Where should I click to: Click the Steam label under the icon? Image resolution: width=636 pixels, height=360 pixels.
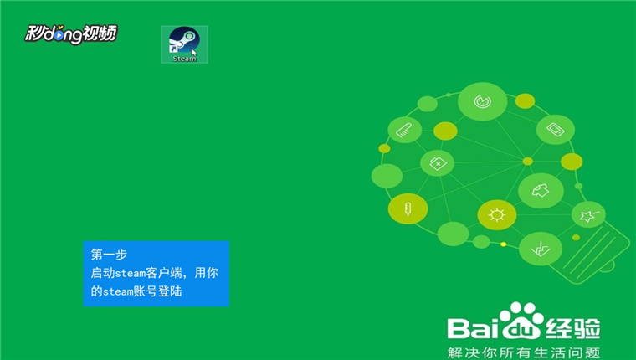(x=185, y=59)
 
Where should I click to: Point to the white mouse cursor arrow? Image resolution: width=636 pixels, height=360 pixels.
(x=194, y=53)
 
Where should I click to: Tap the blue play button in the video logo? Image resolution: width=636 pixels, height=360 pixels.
(x=59, y=36)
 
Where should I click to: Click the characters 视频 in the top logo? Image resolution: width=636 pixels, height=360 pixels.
(x=100, y=33)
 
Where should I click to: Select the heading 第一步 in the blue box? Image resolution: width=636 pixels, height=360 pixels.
(x=109, y=255)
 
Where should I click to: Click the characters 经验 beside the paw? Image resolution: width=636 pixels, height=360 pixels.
(x=572, y=328)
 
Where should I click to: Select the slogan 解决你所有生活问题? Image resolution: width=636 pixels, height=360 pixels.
(x=524, y=352)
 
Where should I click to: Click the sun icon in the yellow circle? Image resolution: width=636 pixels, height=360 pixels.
(x=497, y=214)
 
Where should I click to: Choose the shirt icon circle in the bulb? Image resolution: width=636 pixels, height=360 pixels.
(x=541, y=190)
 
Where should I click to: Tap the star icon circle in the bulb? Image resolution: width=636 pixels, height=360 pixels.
(x=588, y=214)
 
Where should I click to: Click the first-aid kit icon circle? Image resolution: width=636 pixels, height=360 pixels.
(x=437, y=163)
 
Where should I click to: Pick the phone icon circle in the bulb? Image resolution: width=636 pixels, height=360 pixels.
(x=556, y=130)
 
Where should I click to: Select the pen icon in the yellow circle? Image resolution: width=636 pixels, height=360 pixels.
(x=408, y=208)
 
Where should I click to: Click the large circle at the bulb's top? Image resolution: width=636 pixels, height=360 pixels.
(x=482, y=101)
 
